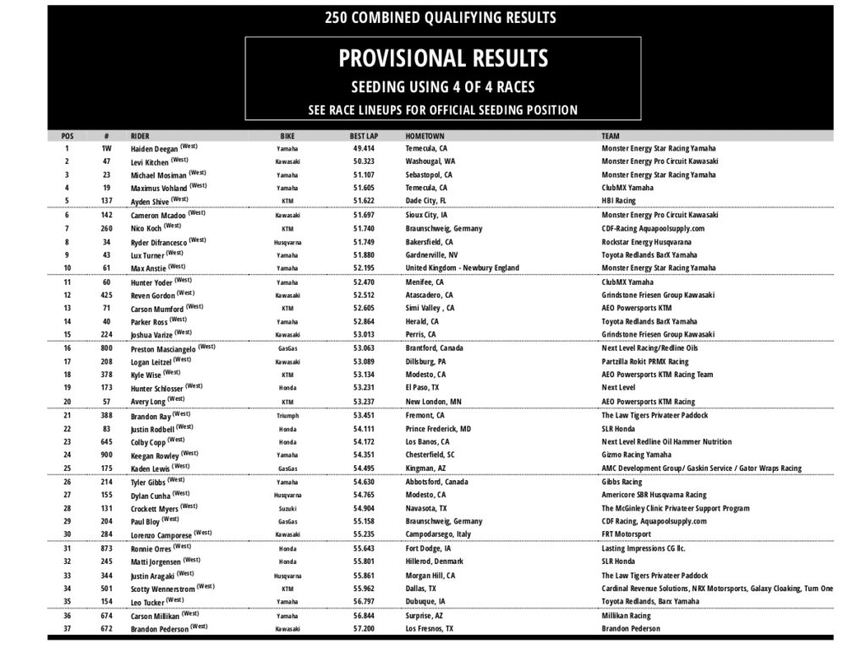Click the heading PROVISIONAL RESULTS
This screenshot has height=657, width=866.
442,58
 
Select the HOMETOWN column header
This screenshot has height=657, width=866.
425,135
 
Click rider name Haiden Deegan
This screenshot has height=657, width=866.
154,149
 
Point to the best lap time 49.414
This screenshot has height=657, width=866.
364,148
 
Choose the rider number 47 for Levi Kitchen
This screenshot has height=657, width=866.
107,162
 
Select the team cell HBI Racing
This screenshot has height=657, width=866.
620,201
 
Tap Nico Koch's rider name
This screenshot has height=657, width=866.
146,228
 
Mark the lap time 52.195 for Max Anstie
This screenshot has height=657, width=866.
364,268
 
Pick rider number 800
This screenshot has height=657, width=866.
107,348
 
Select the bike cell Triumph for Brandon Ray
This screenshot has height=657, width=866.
288,416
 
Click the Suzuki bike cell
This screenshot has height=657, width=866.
288,509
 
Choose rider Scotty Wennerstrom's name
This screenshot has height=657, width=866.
162,589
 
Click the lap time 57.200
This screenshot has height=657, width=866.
364,629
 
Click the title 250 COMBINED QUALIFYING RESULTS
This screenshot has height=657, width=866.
441,17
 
